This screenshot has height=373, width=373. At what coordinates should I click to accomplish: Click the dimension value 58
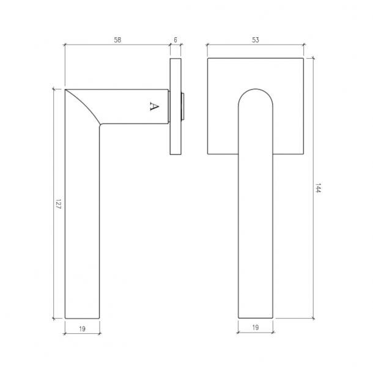117,40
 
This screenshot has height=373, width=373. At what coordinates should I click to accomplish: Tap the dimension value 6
175,40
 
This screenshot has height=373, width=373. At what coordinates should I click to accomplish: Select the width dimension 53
256,40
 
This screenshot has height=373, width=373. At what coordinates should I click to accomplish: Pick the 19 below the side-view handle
83,328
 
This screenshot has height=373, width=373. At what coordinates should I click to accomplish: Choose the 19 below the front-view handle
256,328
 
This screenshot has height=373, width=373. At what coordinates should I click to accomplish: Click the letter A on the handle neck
153,106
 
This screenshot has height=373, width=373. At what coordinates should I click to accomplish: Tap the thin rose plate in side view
175,107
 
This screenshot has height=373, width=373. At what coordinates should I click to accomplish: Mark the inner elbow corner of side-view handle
100,125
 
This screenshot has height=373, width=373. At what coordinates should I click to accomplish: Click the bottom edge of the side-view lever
83,318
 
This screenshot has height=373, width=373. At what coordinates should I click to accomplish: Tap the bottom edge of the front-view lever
256,318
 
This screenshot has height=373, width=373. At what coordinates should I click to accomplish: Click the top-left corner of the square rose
208,59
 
